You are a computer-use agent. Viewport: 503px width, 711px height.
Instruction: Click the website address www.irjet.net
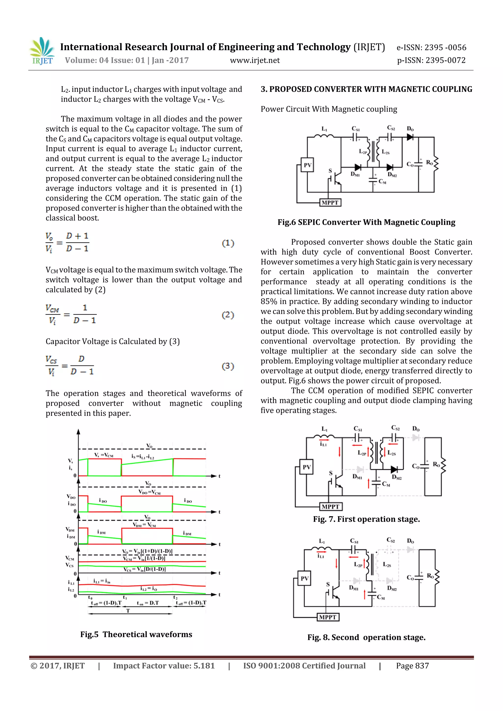tap(254, 60)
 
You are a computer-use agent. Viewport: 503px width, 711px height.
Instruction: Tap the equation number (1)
tap(228, 243)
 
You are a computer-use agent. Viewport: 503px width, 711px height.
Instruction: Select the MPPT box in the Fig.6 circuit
tap(330, 203)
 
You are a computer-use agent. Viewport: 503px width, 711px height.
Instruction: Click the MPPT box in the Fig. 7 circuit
tap(331, 507)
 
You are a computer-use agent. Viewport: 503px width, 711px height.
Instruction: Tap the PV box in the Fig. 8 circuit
tap(305, 578)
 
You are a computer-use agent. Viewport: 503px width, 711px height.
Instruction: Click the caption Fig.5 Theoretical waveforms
tap(136, 634)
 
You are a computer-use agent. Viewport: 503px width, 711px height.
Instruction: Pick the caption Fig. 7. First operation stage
tap(366, 519)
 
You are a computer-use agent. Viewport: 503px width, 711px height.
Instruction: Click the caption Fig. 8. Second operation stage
tap(366, 637)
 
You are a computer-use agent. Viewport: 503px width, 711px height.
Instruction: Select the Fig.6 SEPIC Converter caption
tap(366, 222)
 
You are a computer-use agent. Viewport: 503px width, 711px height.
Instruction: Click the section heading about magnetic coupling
tap(366, 89)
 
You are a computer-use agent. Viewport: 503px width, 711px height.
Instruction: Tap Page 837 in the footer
tap(412, 666)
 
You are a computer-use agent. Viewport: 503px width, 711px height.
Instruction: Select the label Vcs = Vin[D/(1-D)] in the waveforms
tap(145, 569)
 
